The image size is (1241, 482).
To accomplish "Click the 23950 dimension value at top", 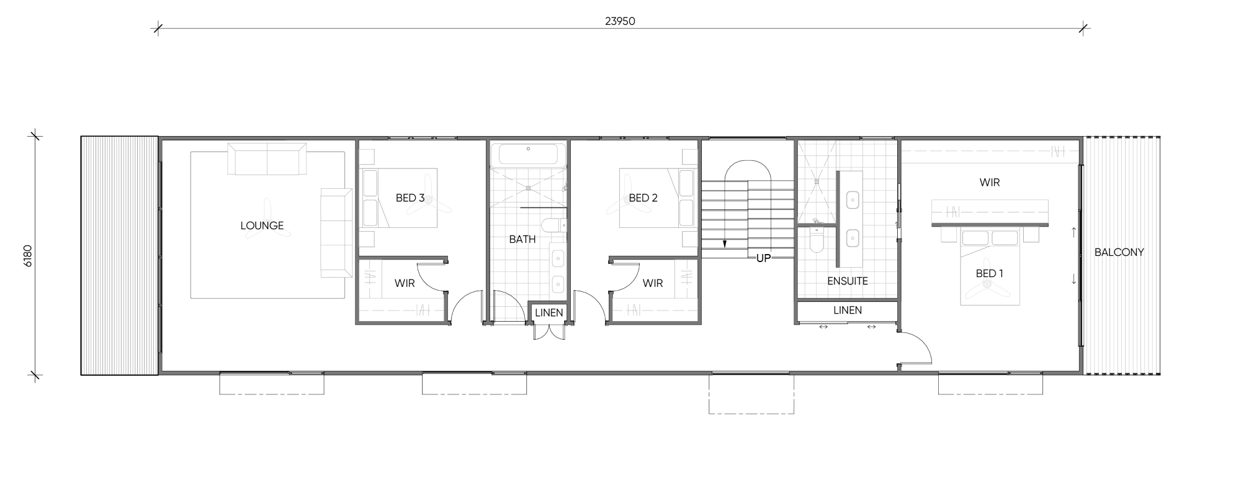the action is pyautogui.click(x=620, y=21).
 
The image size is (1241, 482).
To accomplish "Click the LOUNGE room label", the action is pyautogui.click(x=262, y=225).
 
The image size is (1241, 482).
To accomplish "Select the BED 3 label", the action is pyautogui.click(x=410, y=198).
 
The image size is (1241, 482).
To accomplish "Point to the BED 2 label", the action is pyautogui.click(x=643, y=198).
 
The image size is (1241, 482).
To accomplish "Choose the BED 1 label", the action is pyautogui.click(x=990, y=273).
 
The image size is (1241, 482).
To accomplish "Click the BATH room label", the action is pyautogui.click(x=522, y=239).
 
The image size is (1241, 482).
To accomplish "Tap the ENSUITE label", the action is pyautogui.click(x=848, y=281).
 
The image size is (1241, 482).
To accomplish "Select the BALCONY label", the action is pyautogui.click(x=1119, y=252).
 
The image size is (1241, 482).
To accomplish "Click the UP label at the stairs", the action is pyautogui.click(x=763, y=258).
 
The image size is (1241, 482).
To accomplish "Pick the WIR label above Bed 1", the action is pyautogui.click(x=990, y=183).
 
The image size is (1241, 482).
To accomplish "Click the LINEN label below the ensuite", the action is pyautogui.click(x=848, y=310).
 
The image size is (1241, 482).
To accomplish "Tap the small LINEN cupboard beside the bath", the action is pyautogui.click(x=549, y=313).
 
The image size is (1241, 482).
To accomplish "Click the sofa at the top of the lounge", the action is pyautogui.click(x=267, y=159).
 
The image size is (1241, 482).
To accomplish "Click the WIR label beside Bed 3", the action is pyautogui.click(x=405, y=283).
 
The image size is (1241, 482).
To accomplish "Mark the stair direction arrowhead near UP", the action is pyautogui.click(x=725, y=244).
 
